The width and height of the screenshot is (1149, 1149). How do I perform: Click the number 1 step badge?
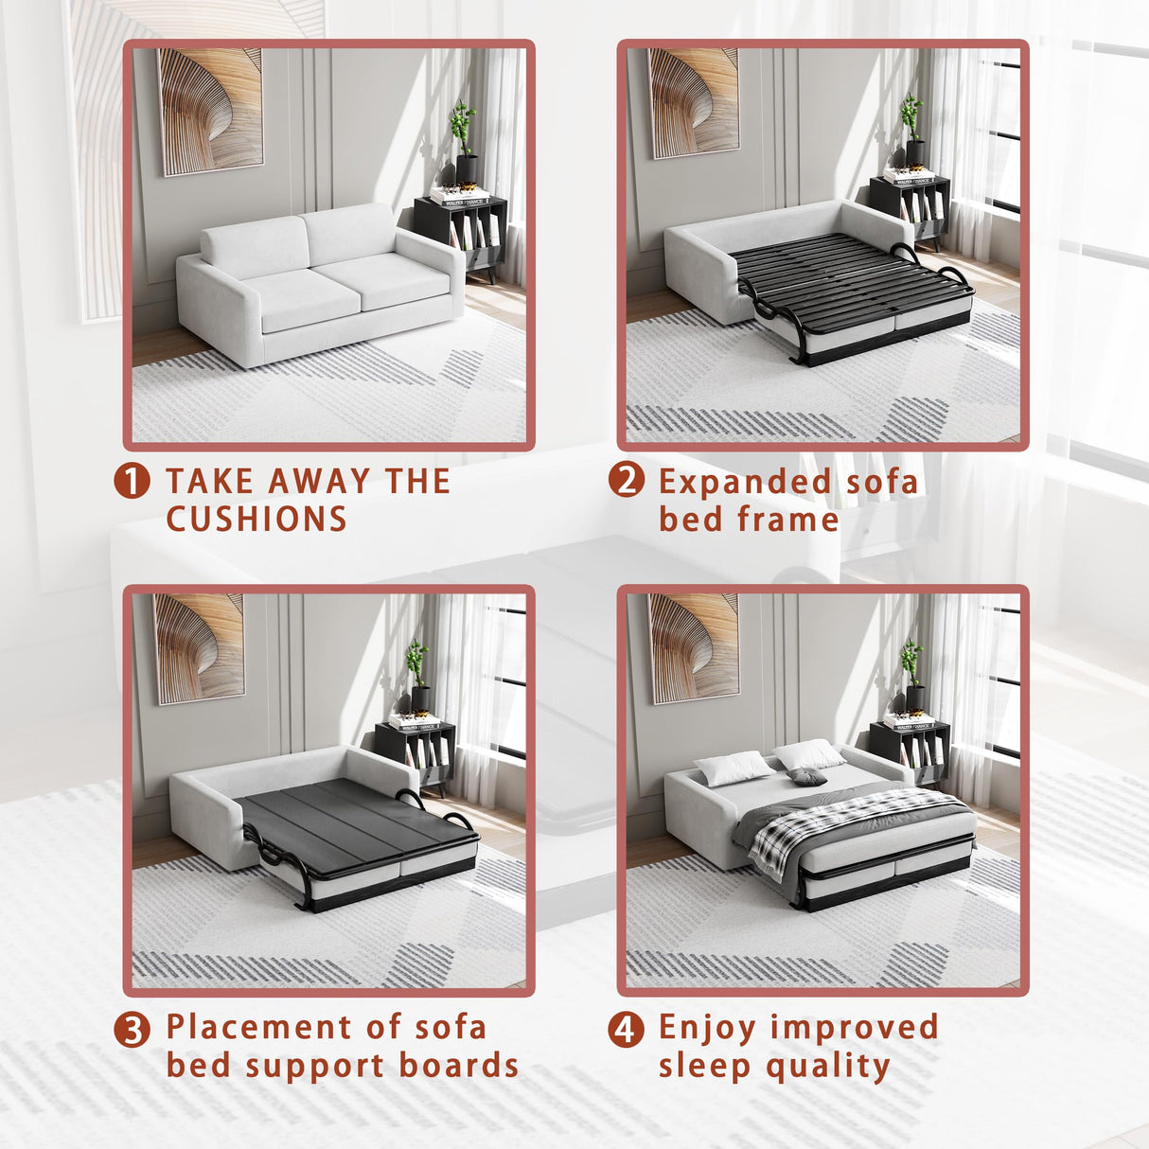coord(133,481)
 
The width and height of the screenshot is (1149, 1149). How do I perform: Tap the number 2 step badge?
coord(627,480)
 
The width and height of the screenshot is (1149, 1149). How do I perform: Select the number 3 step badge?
coord(133,1029)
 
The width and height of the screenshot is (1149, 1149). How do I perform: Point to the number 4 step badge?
coord(627,1029)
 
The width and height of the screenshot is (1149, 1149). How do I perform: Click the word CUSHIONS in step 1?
coord(256,520)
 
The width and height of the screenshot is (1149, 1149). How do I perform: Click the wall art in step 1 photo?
coord(210,111)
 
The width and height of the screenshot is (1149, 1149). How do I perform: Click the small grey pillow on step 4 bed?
coord(807,777)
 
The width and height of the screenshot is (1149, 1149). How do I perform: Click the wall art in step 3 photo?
coord(199,647)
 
